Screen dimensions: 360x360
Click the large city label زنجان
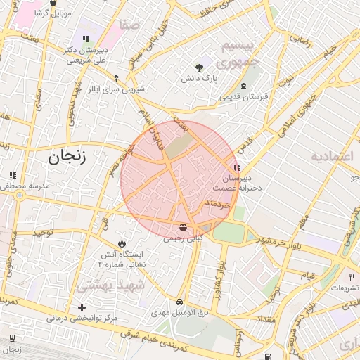click(x=67, y=157)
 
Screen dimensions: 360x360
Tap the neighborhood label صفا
click(x=130, y=25)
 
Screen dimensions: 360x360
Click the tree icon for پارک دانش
click(x=200, y=68)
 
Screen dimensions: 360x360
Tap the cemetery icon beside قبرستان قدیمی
click(x=243, y=86)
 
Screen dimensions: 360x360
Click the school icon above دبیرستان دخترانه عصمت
click(x=236, y=167)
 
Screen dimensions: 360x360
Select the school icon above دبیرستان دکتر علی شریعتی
click(x=86, y=39)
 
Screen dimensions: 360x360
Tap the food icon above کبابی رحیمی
click(x=183, y=227)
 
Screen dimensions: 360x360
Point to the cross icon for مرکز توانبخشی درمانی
click(x=82, y=307)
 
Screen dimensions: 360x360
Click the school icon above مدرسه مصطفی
click(x=12, y=175)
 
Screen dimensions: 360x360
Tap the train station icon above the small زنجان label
click(x=11, y=339)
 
